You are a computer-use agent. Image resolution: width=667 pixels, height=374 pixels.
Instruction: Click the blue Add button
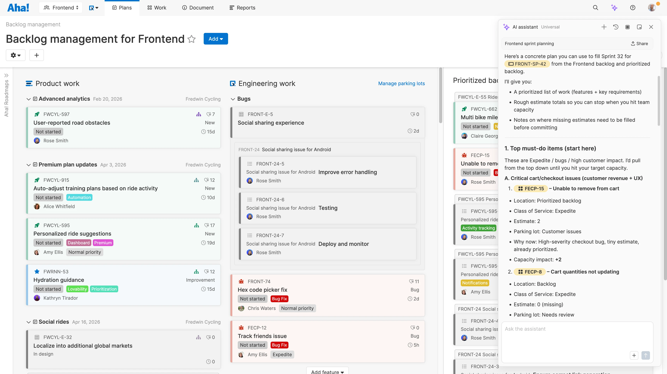pos(215,39)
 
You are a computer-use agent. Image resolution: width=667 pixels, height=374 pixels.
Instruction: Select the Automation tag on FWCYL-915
pos(79,197)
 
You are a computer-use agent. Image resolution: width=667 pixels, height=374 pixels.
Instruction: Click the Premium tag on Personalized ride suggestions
pos(103,243)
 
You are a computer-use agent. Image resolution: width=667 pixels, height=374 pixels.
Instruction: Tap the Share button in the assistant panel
pos(639,44)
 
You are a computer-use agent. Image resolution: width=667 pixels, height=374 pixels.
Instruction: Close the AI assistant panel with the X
pos(651,27)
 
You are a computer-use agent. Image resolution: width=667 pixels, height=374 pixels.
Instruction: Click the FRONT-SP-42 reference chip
pos(527,64)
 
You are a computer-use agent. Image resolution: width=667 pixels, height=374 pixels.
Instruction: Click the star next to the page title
pos(192,39)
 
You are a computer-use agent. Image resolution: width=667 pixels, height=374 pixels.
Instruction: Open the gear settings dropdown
pos(15,55)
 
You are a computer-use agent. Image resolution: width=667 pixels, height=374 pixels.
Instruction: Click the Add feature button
pos(327,372)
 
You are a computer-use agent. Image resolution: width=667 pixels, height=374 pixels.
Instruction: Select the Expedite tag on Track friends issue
pos(282,355)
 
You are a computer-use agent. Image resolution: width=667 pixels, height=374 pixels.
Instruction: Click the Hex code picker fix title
pos(262,290)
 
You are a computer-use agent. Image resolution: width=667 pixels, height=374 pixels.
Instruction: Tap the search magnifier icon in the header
pos(595,8)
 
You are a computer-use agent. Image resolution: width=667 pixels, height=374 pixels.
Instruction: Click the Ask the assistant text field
pos(577,337)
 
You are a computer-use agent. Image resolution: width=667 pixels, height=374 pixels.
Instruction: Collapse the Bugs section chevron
pos(233,99)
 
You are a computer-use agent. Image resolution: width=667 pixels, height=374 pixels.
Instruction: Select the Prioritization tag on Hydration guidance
pos(104,289)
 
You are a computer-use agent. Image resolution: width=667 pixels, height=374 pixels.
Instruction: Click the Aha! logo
pos(18,8)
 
